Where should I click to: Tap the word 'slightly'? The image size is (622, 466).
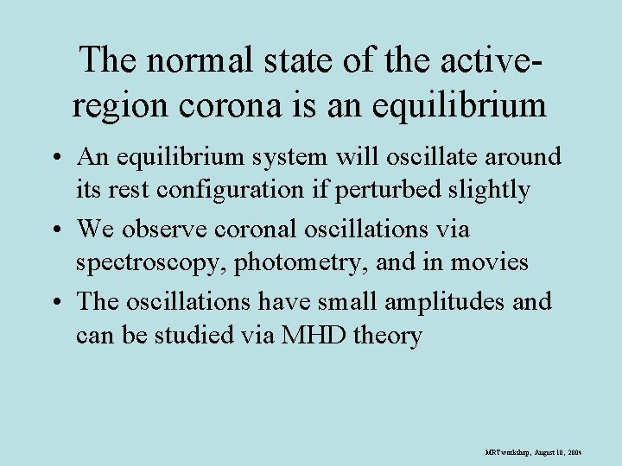click(x=488, y=189)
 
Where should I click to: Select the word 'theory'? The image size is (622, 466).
click(x=384, y=334)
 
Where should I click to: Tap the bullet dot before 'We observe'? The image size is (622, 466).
click(x=58, y=231)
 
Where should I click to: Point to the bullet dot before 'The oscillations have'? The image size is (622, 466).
click(x=58, y=304)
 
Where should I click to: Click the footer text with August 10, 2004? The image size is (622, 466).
click(x=534, y=451)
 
